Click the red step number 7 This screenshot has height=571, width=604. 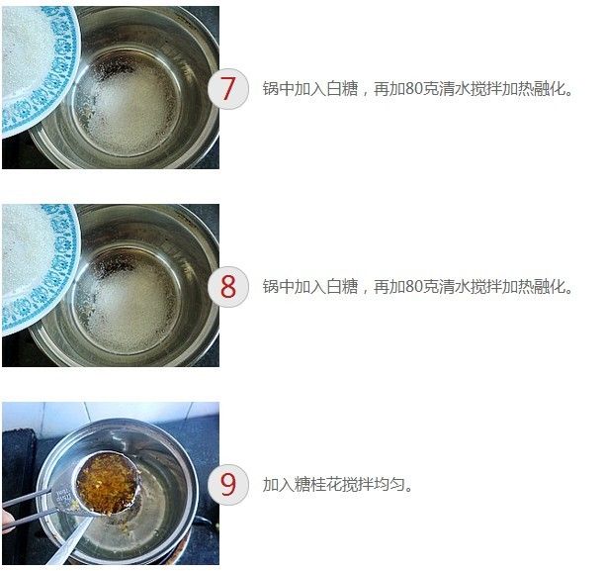tap(228, 89)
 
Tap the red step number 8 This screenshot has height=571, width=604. tap(228, 286)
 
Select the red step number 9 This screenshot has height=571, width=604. tap(228, 484)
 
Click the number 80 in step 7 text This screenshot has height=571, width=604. tap(414, 89)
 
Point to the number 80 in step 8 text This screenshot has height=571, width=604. tap(414, 286)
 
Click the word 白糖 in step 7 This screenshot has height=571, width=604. tap(342, 89)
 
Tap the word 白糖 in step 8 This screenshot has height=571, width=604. tap(342, 286)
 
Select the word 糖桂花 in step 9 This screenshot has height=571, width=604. tap(318, 485)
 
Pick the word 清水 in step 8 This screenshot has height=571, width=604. tap(455, 286)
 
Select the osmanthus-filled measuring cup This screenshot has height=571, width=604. tap(106, 484)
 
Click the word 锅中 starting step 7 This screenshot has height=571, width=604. tap(279, 89)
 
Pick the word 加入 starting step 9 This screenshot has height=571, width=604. tap(279, 485)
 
